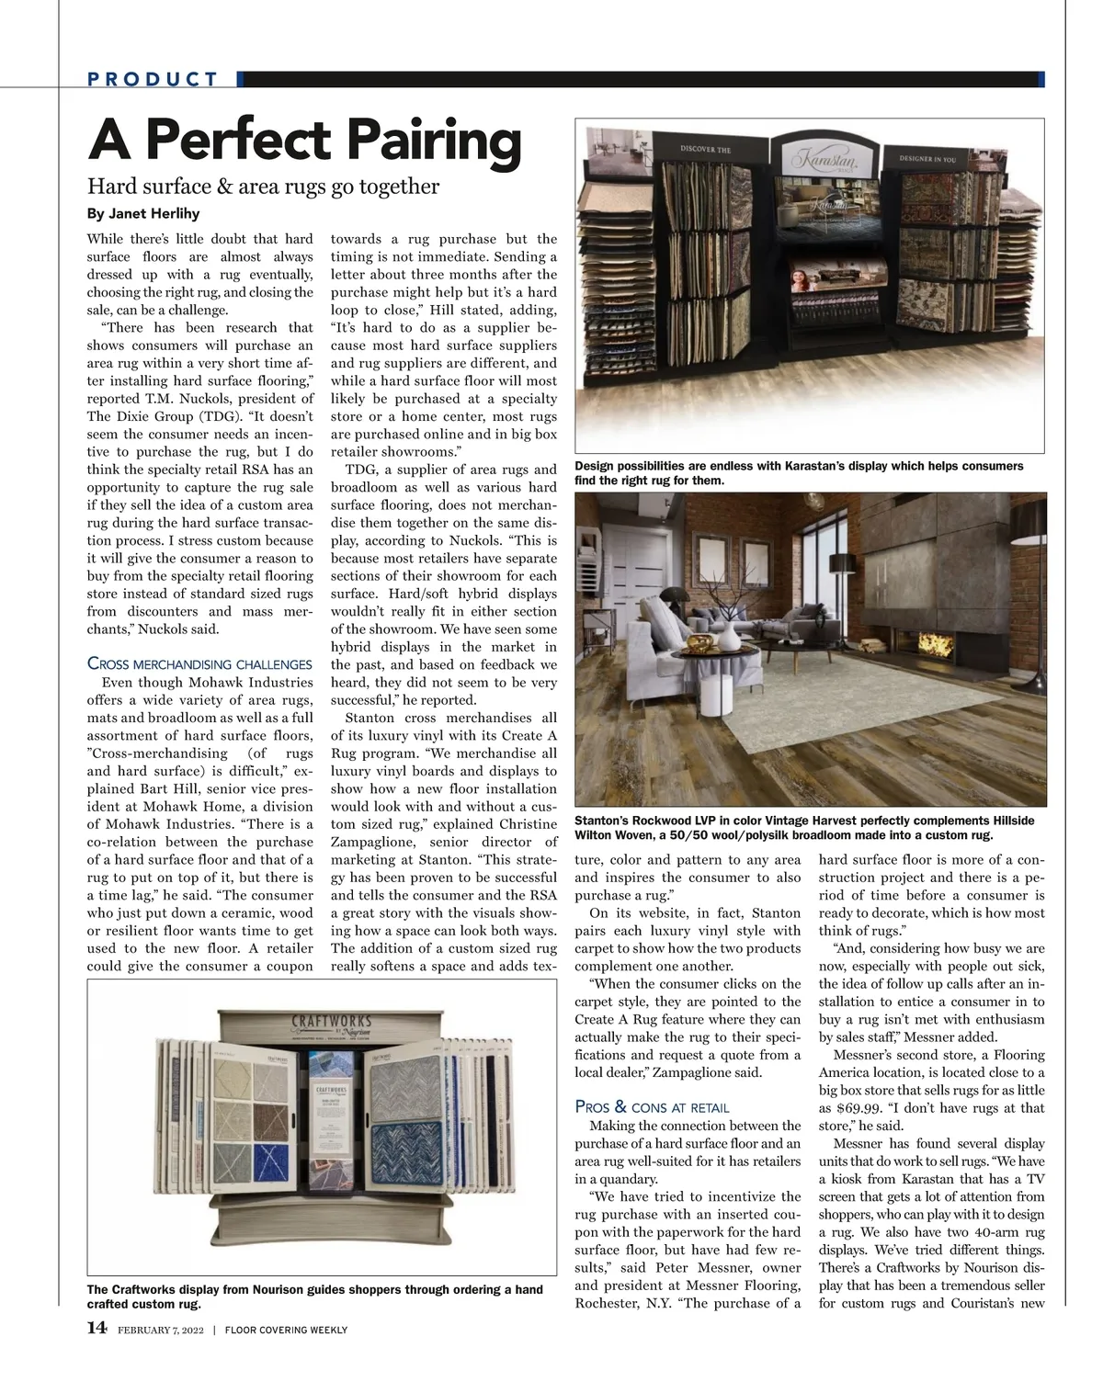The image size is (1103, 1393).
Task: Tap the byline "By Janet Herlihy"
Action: (x=142, y=214)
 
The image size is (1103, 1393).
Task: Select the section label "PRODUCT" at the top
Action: (x=154, y=79)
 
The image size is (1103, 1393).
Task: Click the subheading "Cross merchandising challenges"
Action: (x=199, y=663)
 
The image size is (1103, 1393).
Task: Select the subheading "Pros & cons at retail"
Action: (x=652, y=1107)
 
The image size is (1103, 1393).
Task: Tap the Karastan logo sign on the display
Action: (x=817, y=158)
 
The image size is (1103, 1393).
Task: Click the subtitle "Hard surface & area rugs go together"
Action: (x=263, y=187)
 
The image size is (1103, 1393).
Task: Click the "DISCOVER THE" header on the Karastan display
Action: (x=705, y=149)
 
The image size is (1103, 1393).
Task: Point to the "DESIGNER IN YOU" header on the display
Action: (x=920, y=159)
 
